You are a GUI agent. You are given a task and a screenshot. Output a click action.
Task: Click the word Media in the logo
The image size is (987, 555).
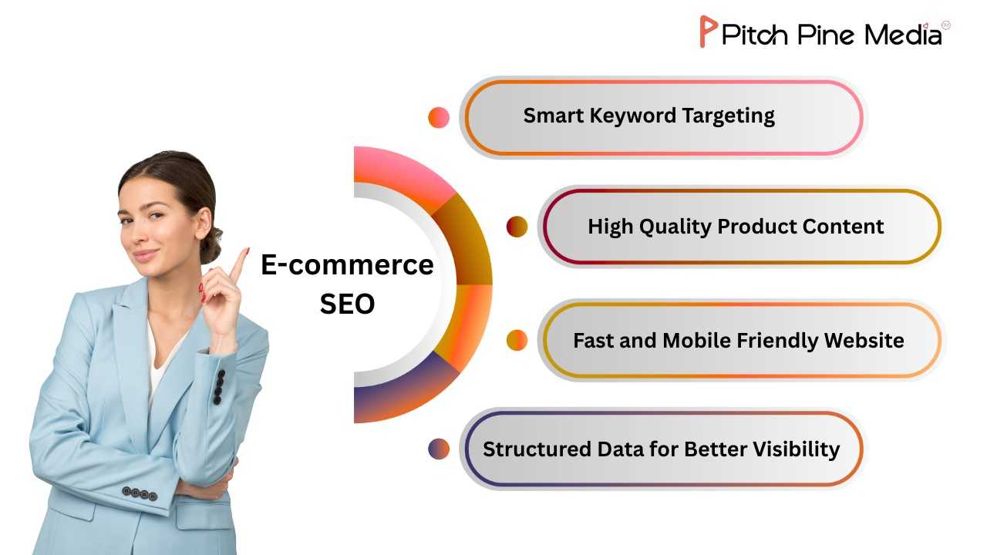(903, 35)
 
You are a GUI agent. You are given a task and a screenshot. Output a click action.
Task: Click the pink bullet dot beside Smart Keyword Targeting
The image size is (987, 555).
(439, 117)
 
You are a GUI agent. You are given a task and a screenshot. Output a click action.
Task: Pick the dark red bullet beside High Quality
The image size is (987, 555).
(517, 227)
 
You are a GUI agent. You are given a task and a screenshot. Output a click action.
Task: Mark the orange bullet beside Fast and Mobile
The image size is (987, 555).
(517, 340)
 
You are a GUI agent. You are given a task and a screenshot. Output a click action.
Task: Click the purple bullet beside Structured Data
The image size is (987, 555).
(439, 449)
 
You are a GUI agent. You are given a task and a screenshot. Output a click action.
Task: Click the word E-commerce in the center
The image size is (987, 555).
(347, 265)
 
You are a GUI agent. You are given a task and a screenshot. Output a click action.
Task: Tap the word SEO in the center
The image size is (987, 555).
(347, 304)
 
